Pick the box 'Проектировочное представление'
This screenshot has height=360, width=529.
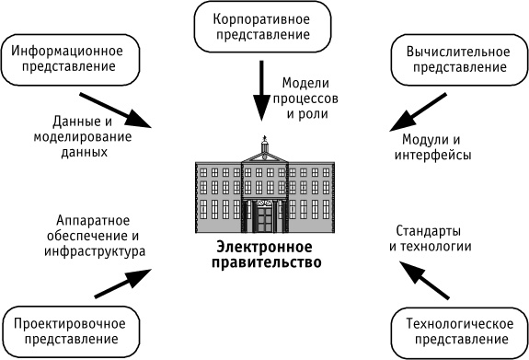[71, 332]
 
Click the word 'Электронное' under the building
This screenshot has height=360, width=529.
[264, 248]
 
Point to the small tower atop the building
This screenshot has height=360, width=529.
[264, 145]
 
